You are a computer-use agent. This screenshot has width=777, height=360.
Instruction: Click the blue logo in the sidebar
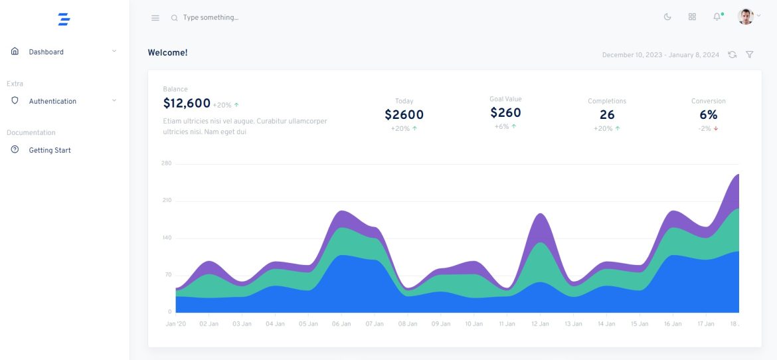tap(64, 19)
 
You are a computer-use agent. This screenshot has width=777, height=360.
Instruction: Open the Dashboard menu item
tap(46, 52)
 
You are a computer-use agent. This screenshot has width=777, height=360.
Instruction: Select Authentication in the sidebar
tap(52, 101)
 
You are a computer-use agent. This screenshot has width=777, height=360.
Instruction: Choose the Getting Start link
tap(50, 150)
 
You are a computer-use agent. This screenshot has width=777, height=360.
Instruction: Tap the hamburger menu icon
tap(155, 18)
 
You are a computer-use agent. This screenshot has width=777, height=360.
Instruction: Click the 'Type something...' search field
tap(211, 18)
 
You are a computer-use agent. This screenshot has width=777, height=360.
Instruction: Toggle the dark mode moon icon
tap(667, 17)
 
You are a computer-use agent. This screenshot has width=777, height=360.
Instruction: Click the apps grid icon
tap(692, 17)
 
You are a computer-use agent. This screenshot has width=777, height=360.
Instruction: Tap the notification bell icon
tap(717, 17)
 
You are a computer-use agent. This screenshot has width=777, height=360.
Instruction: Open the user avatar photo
tap(746, 17)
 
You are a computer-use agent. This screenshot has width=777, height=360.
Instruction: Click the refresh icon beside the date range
tap(732, 54)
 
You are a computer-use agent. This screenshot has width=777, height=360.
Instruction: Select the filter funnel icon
tap(749, 54)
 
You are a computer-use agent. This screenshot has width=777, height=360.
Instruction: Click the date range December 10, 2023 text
tap(660, 55)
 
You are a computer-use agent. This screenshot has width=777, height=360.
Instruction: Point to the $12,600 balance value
tap(187, 104)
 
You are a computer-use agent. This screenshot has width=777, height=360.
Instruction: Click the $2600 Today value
tap(404, 115)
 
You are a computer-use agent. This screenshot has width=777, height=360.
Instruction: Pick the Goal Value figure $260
tap(505, 113)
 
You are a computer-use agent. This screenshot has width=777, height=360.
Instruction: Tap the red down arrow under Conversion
tap(716, 129)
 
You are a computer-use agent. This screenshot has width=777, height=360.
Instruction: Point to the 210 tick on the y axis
tap(166, 201)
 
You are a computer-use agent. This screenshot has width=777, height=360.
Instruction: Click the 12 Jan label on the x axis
tap(540, 324)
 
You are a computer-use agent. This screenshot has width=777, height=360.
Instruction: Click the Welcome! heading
tap(167, 52)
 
